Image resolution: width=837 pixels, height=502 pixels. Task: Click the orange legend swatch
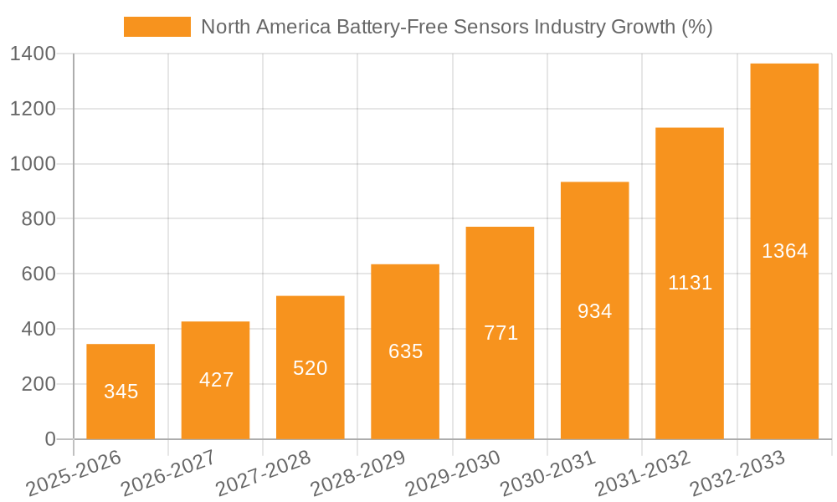tap(157, 27)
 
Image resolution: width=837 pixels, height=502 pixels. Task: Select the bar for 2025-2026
tap(121, 368)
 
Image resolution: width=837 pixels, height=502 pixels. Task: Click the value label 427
tap(216, 380)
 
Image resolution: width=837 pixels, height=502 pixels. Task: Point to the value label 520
tap(311, 368)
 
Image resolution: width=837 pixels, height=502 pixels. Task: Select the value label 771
tap(501, 333)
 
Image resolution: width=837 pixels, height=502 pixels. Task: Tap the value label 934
tap(595, 311)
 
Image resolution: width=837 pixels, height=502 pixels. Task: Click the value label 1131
tap(690, 283)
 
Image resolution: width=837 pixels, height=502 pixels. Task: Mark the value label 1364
tap(784, 251)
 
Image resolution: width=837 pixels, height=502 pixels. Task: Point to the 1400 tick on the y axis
tap(33, 54)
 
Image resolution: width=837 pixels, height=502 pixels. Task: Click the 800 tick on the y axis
tap(39, 219)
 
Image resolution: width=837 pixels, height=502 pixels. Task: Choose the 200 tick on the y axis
tap(39, 384)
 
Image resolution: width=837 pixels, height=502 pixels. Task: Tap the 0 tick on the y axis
tap(50, 439)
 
